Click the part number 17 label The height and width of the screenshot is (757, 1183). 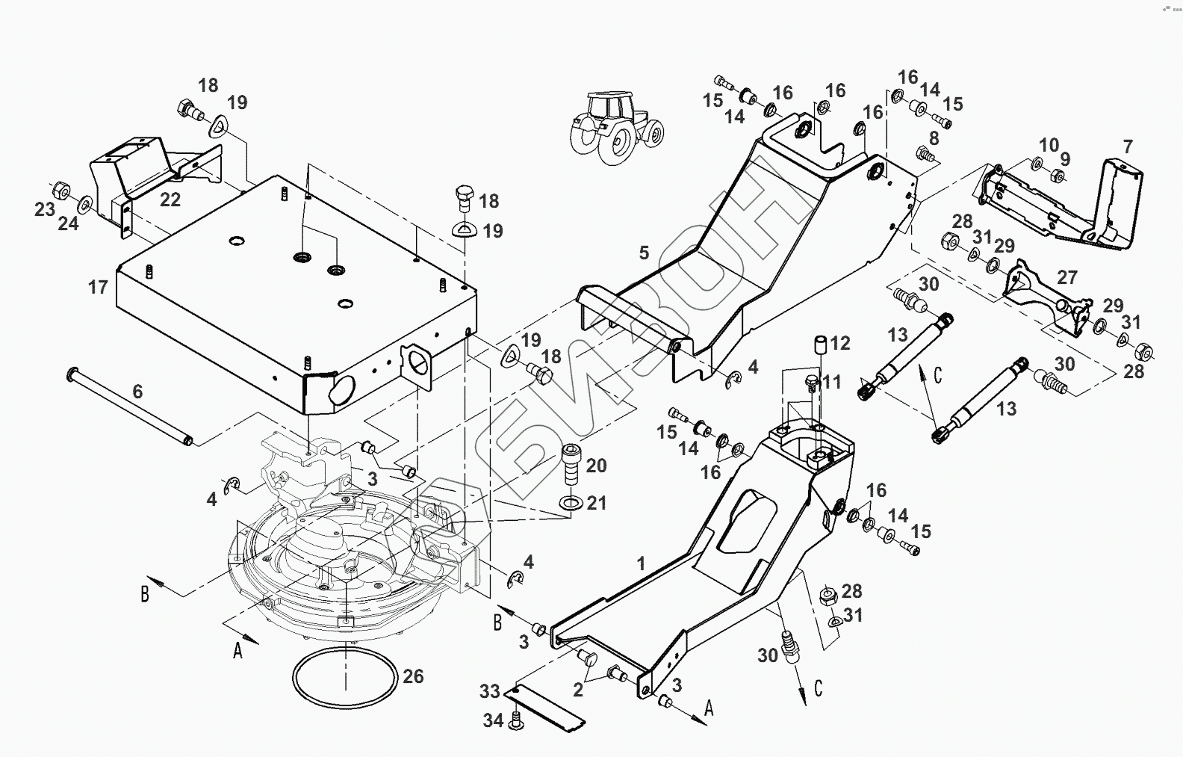(98, 287)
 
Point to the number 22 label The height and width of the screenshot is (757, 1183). (170, 200)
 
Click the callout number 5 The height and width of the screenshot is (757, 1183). (644, 253)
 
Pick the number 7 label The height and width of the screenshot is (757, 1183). (1128, 146)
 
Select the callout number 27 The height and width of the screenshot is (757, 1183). (1067, 277)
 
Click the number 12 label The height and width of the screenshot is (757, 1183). (840, 343)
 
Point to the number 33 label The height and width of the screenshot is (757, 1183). (489, 691)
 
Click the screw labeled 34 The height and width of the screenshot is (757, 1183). (515, 720)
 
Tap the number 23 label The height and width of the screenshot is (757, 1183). (45, 208)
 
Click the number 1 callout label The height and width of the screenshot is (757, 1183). (640, 563)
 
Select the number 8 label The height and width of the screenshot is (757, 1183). (933, 138)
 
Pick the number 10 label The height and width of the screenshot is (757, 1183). (1049, 144)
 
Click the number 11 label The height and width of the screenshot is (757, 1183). (831, 383)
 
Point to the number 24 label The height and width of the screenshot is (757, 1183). (68, 222)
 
